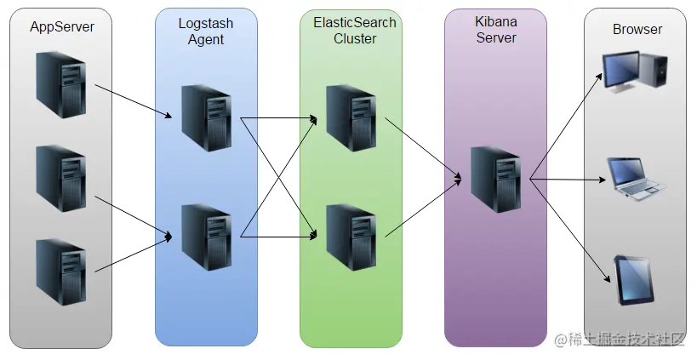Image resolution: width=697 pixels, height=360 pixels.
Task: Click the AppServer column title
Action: tap(62, 27)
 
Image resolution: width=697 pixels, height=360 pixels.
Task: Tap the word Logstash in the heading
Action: tap(206, 23)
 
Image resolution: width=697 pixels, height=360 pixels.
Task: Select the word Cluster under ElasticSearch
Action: tap(355, 38)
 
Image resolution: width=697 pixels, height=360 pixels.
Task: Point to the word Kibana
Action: tap(495, 21)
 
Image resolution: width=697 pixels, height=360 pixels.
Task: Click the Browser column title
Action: tap(637, 29)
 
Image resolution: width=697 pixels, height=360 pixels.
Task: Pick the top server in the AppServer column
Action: tap(61, 84)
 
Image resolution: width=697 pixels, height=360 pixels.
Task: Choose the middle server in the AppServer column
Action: tap(61, 179)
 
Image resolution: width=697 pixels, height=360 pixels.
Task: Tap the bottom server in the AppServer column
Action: tap(61, 272)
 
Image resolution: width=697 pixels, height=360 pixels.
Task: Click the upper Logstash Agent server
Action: tap(207, 118)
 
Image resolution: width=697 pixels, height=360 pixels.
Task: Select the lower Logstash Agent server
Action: tap(207, 237)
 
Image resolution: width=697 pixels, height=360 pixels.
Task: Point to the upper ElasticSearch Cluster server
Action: tap(351, 118)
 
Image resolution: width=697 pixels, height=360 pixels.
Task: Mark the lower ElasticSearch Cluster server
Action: tap(351, 237)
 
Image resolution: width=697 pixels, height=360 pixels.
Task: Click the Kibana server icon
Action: tap(496, 180)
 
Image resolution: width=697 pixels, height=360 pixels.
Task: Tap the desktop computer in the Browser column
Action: tap(635, 72)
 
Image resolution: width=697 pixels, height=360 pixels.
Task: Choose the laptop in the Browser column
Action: tap(637, 179)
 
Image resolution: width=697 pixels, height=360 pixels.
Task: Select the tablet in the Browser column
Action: tap(634, 281)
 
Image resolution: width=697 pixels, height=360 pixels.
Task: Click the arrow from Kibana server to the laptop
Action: tap(568, 180)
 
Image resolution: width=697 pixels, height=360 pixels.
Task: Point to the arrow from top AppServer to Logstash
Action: tap(134, 101)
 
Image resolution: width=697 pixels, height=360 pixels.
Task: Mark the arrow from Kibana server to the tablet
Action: tap(570, 231)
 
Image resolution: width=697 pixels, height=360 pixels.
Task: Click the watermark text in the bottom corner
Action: tap(620, 340)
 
